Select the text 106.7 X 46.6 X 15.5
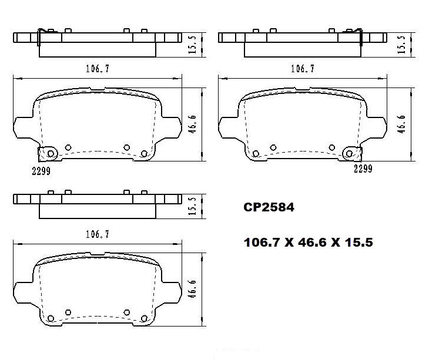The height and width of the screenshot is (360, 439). pos(309,241)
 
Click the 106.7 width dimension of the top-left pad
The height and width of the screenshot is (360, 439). pos(97,69)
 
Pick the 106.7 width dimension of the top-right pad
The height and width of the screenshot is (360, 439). pos(303,69)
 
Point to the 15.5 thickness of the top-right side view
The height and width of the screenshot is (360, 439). pos(401,43)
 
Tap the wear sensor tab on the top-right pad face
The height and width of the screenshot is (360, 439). pos(351,154)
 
